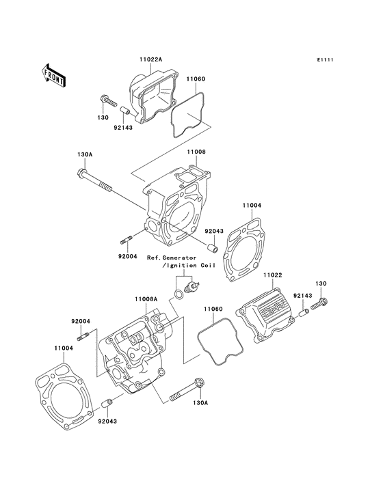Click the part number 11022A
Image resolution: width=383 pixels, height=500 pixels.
[x=150, y=59]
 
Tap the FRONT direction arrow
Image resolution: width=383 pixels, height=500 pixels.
[x=54, y=74]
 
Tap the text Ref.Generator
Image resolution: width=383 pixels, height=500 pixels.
[x=172, y=258]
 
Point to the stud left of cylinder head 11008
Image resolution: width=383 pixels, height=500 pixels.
[x=127, y=240]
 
